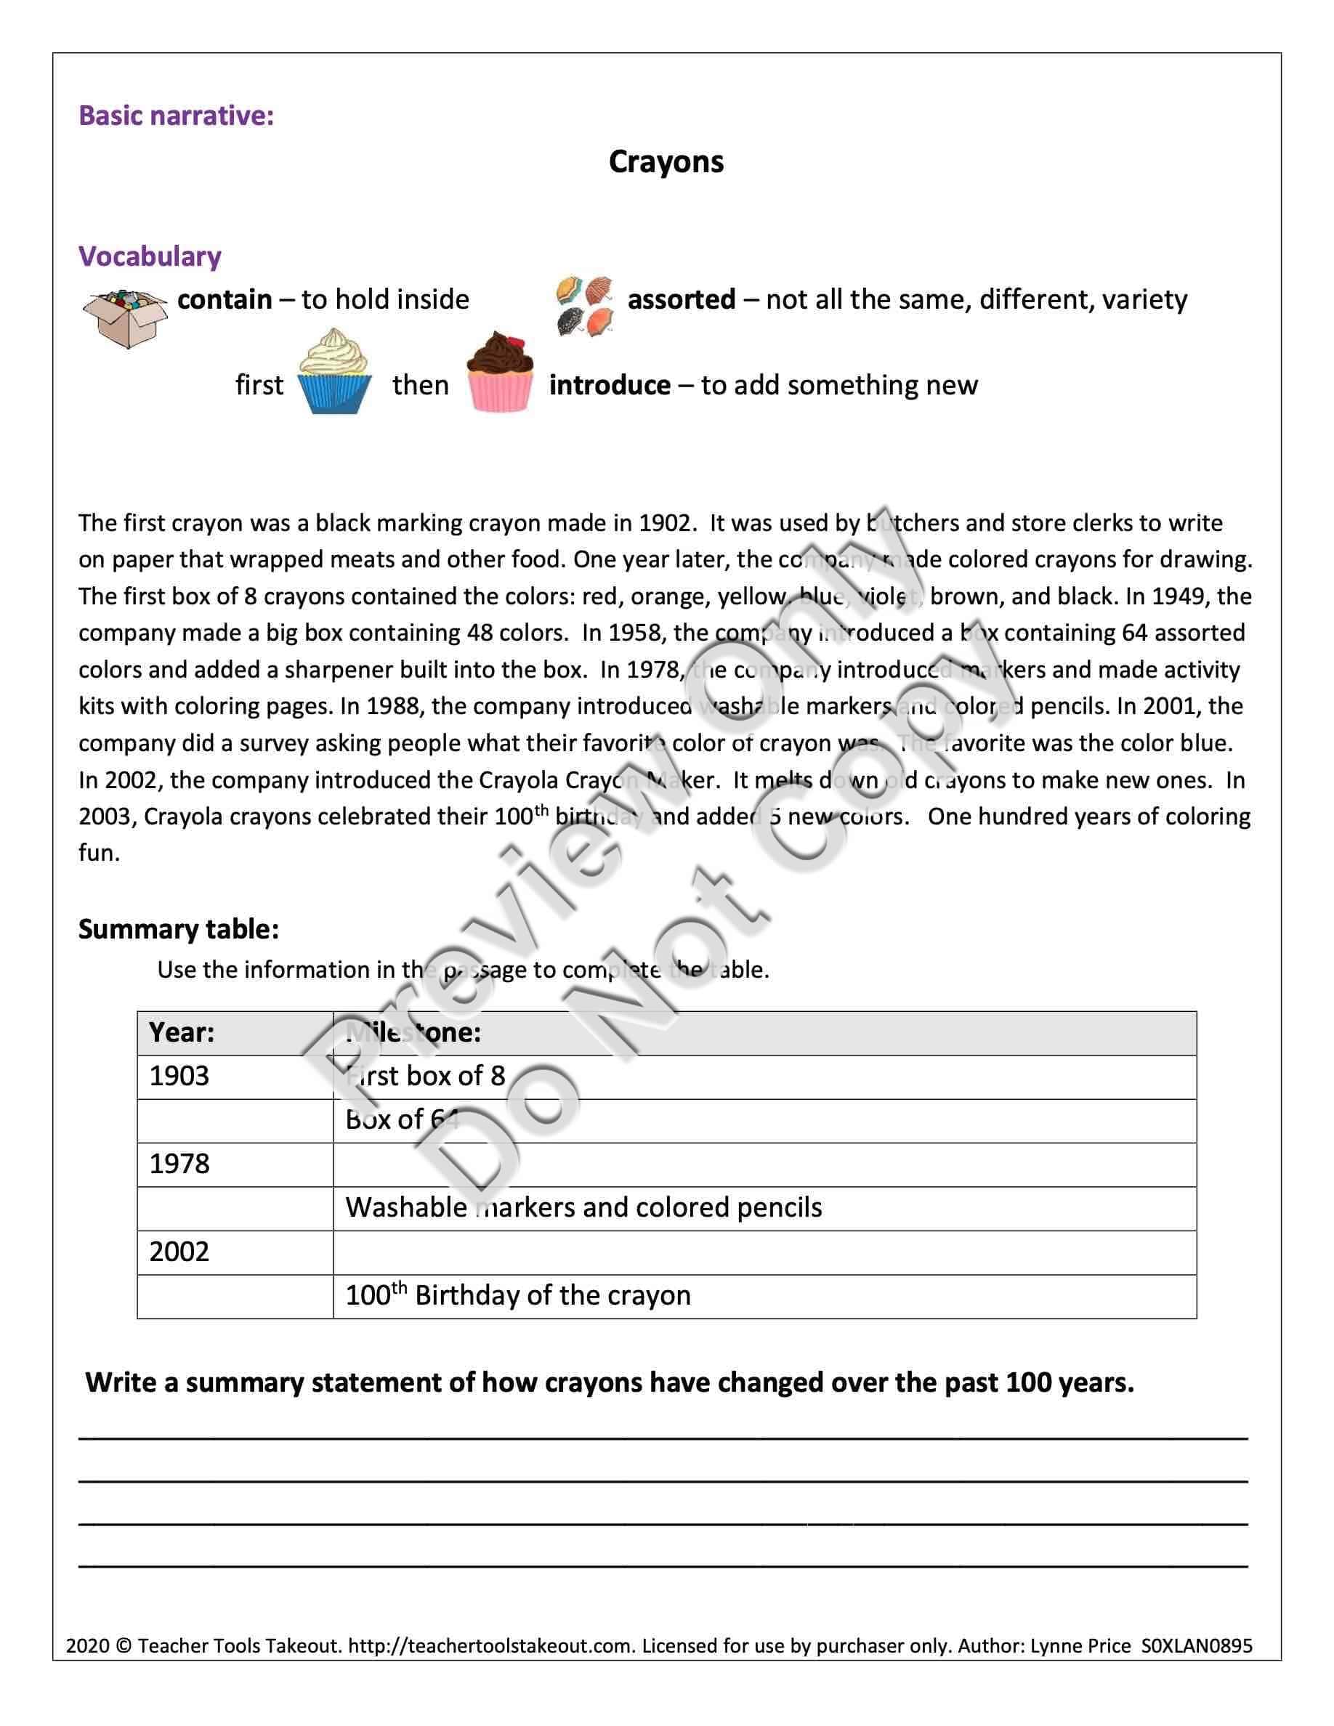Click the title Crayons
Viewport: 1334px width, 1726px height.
pyautogui.click(x=666, y=162)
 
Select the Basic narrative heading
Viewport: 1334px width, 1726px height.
pyautogui.click(x=177, y=116)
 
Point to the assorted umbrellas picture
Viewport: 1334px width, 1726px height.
pyautogui.click(x=585, y=306)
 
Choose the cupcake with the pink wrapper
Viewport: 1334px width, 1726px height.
pyautogui.click(x=499, y=373)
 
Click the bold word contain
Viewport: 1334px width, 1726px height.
pyautogui.click(x=225, y=299)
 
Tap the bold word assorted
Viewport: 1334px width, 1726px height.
pyautogui.click(x=682, y=299)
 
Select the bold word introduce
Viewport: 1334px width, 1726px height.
pyautogui.click(x=610, y=385)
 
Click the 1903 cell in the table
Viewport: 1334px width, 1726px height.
pyautogui.click(x=179, y=1077)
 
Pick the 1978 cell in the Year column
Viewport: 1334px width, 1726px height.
pyautogui.click(x=179, y=1164)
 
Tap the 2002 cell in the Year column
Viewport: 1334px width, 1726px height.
pyautogui.click(x=179, y=1252)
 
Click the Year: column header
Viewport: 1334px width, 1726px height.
pyautogui.click(x=182, y=1032)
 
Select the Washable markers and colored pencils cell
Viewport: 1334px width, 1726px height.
pyautogui.click(x=583, y=1207)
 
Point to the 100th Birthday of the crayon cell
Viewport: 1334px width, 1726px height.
pyautogui.click(x=517, y=1295)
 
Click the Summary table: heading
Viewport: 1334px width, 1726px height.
pyautogui.click(x=179, y=929)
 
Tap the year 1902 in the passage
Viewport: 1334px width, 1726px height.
pyautogui.click(x=666, y=523)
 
